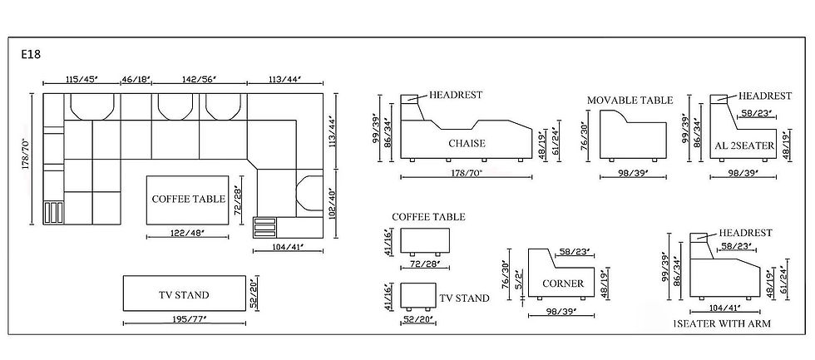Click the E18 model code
[31, 55]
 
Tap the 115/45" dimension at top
[81, 80]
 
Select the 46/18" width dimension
[136, 80]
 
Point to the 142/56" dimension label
[199, 80]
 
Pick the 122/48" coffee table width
[188, 234]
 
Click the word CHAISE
[467, 143]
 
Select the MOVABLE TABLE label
[630, 101]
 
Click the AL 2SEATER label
[744, 146]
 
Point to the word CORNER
[563, 284]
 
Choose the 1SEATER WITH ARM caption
[722, 323]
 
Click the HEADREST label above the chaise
[456, 95]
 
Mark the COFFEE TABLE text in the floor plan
[188, 199]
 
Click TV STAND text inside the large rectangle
[184, 295]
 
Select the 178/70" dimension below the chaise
[466, 171]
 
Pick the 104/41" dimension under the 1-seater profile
[723, 308]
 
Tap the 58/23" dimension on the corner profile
[575, 253]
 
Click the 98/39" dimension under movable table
[633, 171]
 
